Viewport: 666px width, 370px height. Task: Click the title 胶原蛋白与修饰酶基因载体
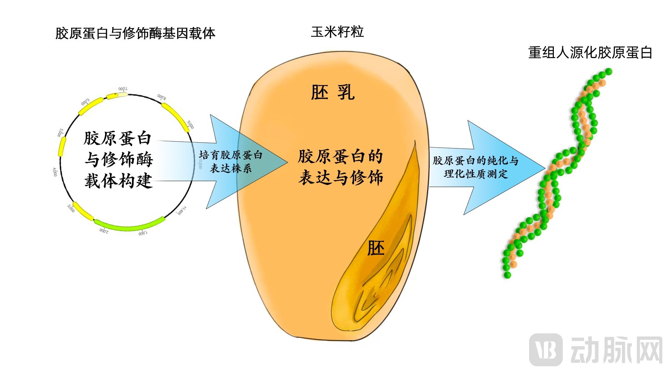135,33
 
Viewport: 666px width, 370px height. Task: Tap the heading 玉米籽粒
337,32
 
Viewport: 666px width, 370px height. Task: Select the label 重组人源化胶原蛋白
590,53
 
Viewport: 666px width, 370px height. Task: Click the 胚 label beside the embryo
376,248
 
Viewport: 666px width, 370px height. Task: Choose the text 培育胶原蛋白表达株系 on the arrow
231,161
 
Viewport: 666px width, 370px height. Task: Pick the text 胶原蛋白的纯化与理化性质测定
476,167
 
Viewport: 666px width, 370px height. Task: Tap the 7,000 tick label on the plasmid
123,89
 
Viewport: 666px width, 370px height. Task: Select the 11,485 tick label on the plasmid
181,211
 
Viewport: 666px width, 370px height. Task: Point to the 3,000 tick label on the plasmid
71,208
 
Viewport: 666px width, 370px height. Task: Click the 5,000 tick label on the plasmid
60,133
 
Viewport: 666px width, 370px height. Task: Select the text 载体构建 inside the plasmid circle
118,181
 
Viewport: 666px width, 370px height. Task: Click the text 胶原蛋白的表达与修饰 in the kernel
340,167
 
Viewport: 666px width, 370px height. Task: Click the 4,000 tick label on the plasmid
55,172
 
